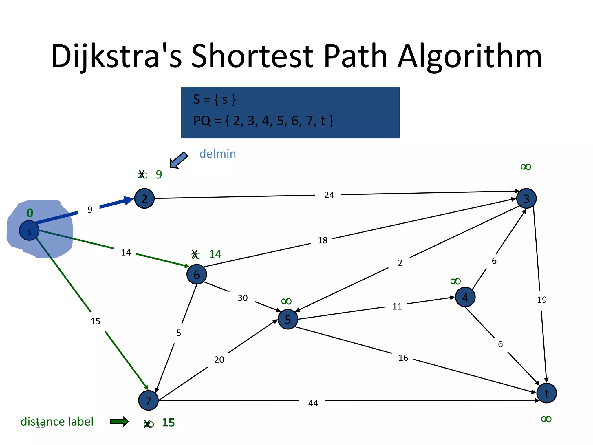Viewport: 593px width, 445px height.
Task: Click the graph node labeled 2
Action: [144, 198]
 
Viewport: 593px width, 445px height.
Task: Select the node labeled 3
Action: [526, 198]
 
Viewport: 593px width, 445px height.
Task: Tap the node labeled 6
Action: [197, 274]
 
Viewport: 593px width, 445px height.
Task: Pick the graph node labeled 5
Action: [288, 319]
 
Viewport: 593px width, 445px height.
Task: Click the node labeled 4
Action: [465, 297]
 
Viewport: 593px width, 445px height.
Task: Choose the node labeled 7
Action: [148, 400]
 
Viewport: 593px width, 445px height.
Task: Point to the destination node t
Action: [546, 393]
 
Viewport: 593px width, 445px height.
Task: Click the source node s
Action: [29, 231]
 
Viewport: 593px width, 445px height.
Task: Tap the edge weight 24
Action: [329, 195]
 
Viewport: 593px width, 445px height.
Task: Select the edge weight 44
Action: [313, 403]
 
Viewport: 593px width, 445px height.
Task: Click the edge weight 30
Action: [243, 298]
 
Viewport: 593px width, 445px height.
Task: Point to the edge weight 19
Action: [542, 300]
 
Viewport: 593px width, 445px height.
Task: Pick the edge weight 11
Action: [397, 307]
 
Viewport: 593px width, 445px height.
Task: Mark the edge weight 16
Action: [403, 358]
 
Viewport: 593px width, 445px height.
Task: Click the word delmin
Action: [218, 154]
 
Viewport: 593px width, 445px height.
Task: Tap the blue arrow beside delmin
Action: [179, 160]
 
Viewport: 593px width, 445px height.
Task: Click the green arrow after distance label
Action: [119, 422]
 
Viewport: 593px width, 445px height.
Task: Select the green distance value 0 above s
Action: [30, 213]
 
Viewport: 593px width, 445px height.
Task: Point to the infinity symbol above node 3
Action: [526, 167]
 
